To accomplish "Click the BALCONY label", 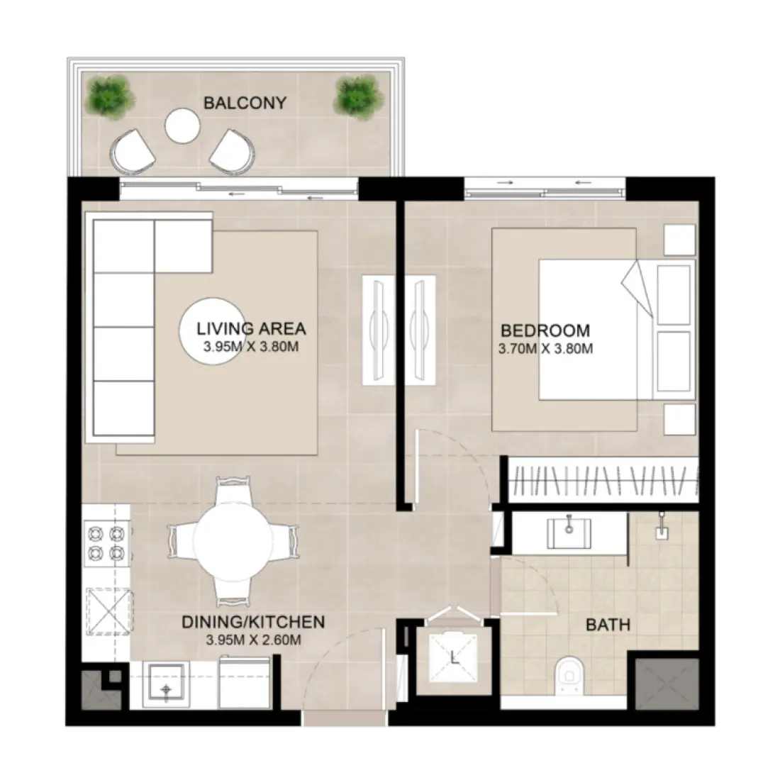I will pos(245,103).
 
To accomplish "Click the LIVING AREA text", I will pos(251,329).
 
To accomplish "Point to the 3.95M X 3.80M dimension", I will pos(251,347).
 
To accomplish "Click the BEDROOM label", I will pos(545,330).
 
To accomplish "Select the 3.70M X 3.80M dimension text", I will pos(545,348).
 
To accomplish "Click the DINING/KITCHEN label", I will pos(253,623).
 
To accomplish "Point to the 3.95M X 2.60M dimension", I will pos(253,640).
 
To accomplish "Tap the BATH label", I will pos(608,625).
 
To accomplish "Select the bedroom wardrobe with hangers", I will pos(602,479).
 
